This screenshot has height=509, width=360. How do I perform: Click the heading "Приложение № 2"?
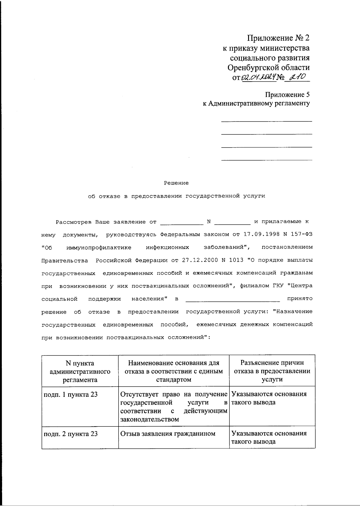click(278, 38)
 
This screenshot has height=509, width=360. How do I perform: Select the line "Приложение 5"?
click(287, 95)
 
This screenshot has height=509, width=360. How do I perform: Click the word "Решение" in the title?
click(176, 183)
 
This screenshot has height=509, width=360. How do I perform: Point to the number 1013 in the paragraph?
click(236, 260)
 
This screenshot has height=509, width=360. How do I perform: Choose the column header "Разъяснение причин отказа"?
click(272, 371)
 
